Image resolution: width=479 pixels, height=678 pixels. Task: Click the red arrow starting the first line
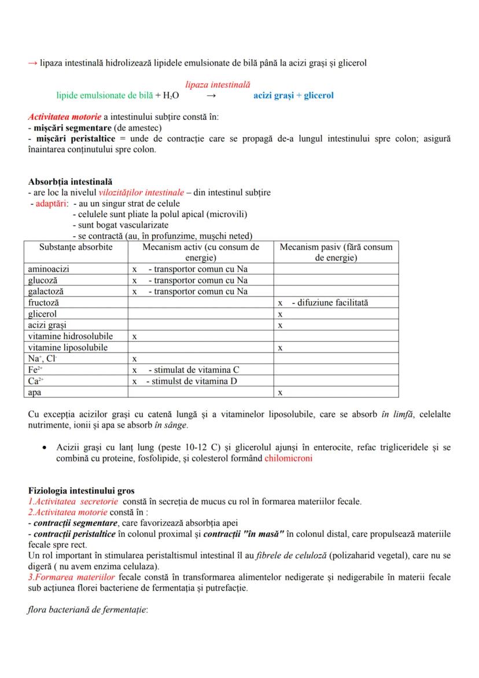coord(33,63)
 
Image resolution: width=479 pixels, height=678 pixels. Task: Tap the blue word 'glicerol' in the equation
coord(318,96)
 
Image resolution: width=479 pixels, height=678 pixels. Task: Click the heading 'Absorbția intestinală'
coord(70,182)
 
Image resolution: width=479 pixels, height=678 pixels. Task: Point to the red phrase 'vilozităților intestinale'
coord(139,192)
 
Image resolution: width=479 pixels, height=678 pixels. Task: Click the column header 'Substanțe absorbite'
coord(75,247)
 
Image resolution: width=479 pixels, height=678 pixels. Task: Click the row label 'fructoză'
coord(44,303)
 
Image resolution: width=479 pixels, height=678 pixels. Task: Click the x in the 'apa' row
coord(280,393)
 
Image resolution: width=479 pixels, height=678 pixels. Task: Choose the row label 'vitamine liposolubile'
coord(69,348)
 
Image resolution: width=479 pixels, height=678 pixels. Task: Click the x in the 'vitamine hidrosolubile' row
coord(134,336)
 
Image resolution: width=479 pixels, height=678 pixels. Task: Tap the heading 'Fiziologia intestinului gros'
coord(82,491)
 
